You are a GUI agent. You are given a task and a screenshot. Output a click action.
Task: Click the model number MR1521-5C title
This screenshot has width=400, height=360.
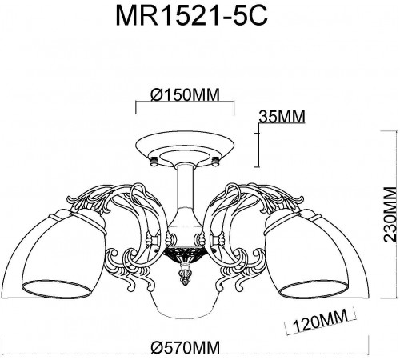point(200,18)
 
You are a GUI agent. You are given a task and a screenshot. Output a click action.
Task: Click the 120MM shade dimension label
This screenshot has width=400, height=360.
point(314,323)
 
